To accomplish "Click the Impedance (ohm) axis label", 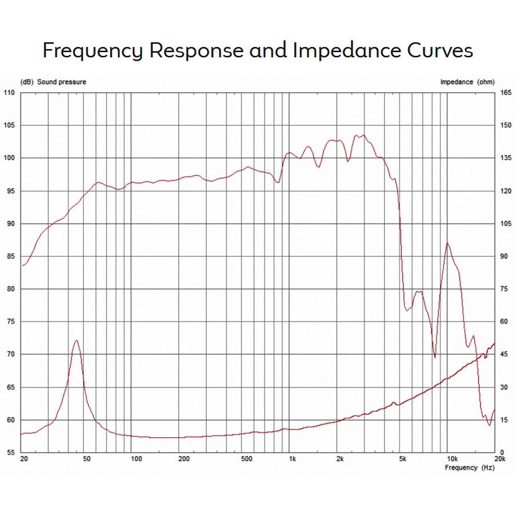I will point(467,82).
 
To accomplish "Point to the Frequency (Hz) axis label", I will point(469,468).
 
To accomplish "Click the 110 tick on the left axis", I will point(10,93).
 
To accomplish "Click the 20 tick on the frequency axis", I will point(23,459).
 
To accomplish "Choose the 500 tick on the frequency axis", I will point(247,459).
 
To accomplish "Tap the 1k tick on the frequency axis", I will point(292,459).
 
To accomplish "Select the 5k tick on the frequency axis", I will point(402,459).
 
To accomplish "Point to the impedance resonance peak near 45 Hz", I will point(76,340).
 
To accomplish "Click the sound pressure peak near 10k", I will point(447,243).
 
